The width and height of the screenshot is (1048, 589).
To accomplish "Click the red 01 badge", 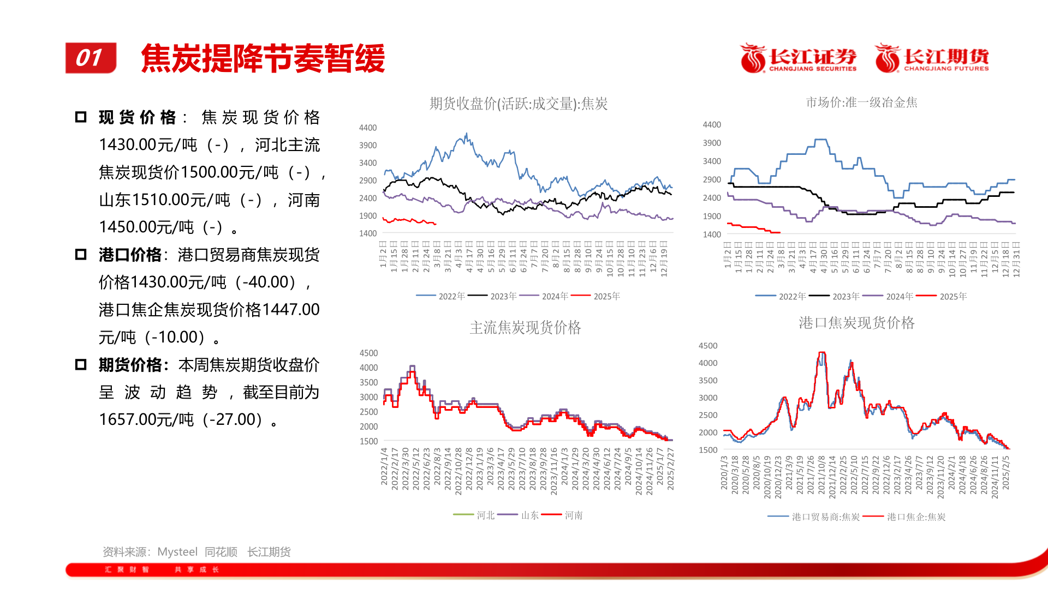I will [91, 58].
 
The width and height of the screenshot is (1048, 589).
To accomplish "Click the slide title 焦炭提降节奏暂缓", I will [263, 58].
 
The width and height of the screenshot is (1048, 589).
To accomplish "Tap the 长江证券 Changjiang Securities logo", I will [798, 58].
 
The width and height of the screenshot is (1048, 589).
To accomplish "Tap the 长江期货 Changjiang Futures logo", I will [932, 58].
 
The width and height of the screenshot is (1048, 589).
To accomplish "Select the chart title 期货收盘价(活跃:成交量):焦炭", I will [518, 104].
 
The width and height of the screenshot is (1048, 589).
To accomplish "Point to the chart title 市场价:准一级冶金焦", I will [861, 103].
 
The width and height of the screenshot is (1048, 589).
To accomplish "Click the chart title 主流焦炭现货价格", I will [525, 327].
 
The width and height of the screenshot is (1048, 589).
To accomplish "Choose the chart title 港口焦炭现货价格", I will [856, 323].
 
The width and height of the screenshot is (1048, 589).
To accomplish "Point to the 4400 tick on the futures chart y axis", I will [367, 128].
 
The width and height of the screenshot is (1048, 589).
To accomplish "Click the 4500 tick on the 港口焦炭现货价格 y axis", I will [708, 346].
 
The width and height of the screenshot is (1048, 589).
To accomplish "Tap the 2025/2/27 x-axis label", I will [670, 469].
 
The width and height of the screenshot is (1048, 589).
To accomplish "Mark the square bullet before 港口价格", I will [81, 255].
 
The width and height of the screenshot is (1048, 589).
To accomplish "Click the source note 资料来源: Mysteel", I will [150, 552].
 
